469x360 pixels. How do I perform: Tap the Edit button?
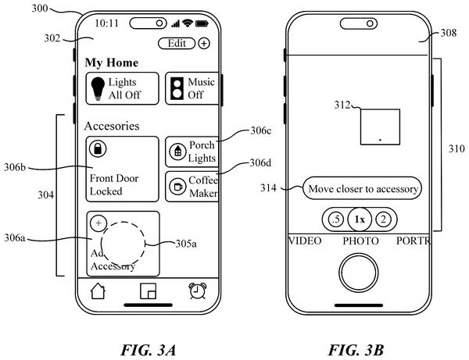pos(177,44)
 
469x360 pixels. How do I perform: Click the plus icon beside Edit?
pos(204,44)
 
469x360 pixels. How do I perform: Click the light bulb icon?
pos(98,88)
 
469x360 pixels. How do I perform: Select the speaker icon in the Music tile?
pos(177,88)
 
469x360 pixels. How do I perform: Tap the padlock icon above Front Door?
pos(98,148)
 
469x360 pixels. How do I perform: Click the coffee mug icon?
pos(177,187)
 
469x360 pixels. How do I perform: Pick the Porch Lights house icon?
pos(177,151)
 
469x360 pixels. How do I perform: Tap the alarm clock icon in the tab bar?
pos(198,290)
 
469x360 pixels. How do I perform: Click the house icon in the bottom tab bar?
pos(98,290)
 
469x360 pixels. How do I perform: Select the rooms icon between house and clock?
pos(148,291)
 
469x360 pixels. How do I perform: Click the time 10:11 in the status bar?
pos(107,23)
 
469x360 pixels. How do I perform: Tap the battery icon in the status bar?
pos(202,23)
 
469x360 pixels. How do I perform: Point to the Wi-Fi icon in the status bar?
pos(188,23)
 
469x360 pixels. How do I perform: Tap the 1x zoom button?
pos(360,219)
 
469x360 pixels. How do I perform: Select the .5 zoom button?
pos(336,219)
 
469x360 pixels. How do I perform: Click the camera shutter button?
pos(359,273)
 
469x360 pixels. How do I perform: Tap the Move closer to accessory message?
pos(362,188)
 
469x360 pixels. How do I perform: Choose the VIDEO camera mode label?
pos(305,241)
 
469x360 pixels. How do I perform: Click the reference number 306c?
pos(261,130)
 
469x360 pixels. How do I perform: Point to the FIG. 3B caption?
pos(356,350)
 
